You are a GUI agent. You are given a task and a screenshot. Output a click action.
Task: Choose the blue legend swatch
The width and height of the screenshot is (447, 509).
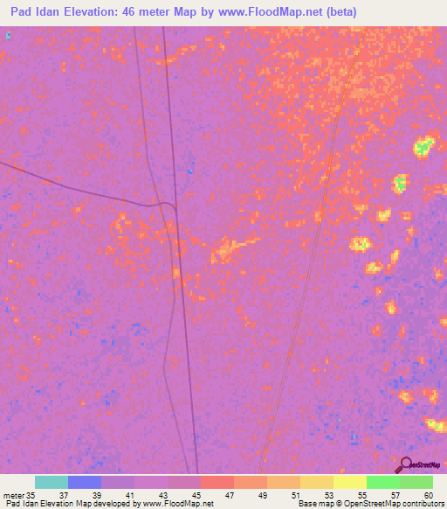pyautogui.click(x=85, y=482)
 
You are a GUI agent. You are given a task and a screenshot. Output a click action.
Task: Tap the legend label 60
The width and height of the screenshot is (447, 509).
pyautogui.click(x=428, y=495)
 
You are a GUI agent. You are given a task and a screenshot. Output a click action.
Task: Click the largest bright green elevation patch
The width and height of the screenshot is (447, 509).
pyautogui.click(x=423, y=146)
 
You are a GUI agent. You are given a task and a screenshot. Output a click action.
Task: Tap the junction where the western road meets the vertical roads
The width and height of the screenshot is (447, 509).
pyautogui.click(x=175, y=206)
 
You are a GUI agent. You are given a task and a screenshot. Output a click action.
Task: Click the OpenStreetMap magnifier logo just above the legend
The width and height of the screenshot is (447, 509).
pyautogui.click(x=406, y=464)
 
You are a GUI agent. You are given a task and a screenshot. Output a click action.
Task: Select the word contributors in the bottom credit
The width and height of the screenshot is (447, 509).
pyautogui.click(x=418, y=504)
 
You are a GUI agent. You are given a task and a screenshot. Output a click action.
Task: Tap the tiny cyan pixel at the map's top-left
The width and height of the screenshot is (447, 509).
pyautogui.click(x=8, y=34)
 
